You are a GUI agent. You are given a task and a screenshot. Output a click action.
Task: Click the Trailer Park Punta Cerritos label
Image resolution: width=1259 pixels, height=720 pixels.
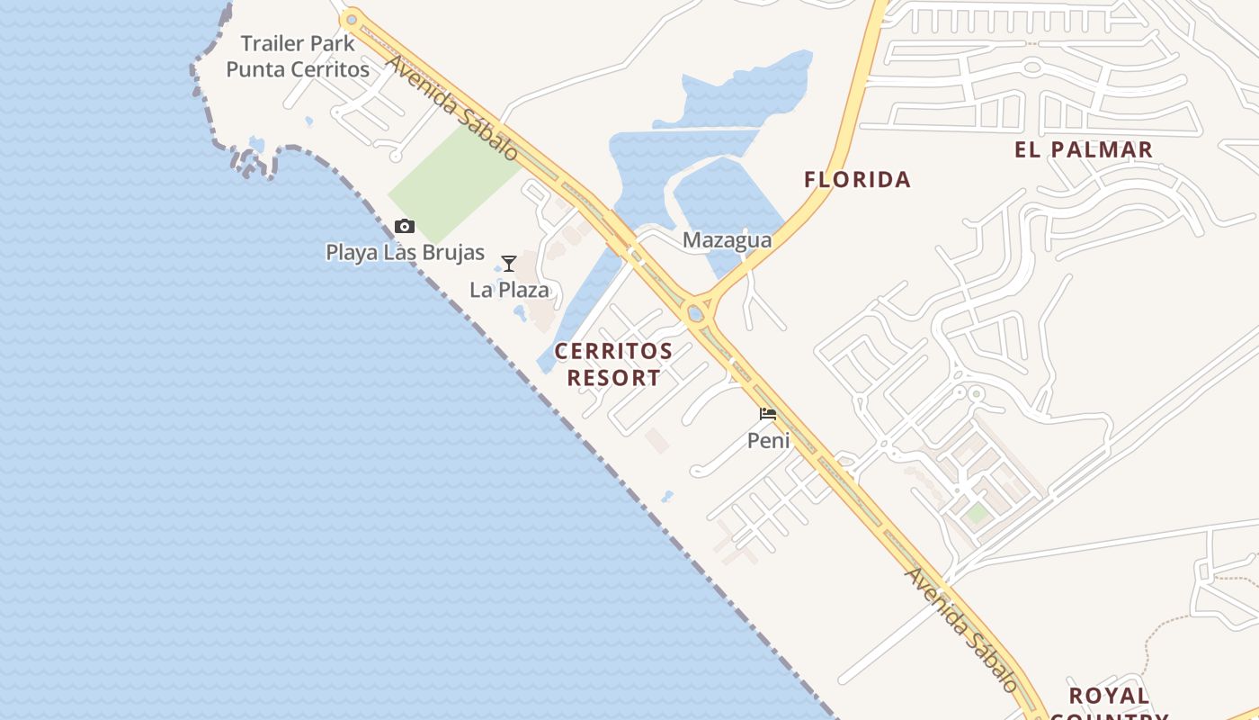click(298, 56)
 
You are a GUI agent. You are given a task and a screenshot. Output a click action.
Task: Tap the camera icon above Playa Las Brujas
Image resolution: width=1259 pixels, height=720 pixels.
click(405, 226)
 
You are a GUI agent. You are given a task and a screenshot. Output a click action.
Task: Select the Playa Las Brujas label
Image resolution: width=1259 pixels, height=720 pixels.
click(405, 253)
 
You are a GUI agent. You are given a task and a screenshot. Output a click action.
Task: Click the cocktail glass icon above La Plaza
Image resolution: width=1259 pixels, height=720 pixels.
click(509, 264)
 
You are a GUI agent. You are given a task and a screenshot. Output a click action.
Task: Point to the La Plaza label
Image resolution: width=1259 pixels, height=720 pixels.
click(509, 290)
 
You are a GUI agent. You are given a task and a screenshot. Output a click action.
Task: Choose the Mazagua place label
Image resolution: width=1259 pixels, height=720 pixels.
click(727, 240)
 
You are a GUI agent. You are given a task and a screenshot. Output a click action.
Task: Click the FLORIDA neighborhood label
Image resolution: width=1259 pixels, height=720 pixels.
click(857, 180)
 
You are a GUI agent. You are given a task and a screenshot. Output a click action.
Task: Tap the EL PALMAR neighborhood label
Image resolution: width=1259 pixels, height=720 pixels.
click(1084, 150)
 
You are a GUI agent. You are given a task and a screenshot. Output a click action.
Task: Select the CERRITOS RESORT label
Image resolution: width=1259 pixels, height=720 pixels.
click(613, 364)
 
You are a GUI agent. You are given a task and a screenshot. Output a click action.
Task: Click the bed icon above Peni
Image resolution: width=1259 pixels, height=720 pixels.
click(768, 414)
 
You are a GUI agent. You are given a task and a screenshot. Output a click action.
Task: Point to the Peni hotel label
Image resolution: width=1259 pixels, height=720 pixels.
click(769, 440)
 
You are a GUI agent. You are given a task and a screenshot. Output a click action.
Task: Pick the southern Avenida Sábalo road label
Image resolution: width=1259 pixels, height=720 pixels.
click(962, 630)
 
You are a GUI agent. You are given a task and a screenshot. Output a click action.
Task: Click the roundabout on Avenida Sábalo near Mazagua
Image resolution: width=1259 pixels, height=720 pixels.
click(695, 314)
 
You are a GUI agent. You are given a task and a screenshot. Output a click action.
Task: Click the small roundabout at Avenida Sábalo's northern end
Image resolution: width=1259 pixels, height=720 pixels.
click(352, 18)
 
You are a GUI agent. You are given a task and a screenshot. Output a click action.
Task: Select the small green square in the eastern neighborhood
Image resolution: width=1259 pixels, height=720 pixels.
click(977, 514)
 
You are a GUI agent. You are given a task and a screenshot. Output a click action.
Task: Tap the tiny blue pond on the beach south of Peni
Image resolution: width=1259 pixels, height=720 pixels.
click(667, 496)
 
